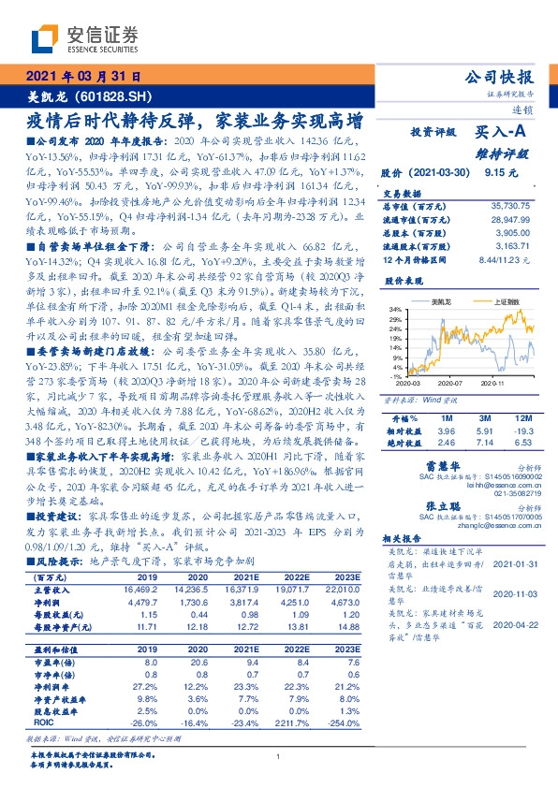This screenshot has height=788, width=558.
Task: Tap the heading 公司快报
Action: click(504, 77)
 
